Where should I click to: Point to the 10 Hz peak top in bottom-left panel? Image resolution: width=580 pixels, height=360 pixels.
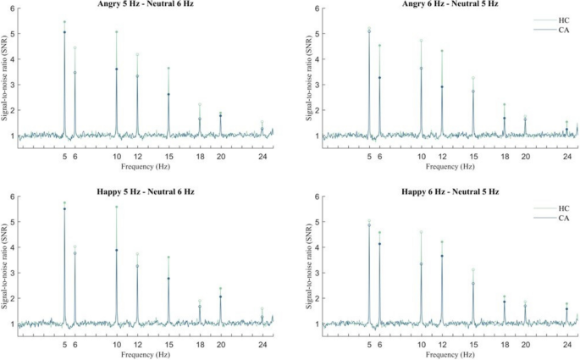117,207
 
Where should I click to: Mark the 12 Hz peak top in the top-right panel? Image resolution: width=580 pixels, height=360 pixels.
442,51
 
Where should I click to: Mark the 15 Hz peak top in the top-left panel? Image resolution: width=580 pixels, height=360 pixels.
168,68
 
